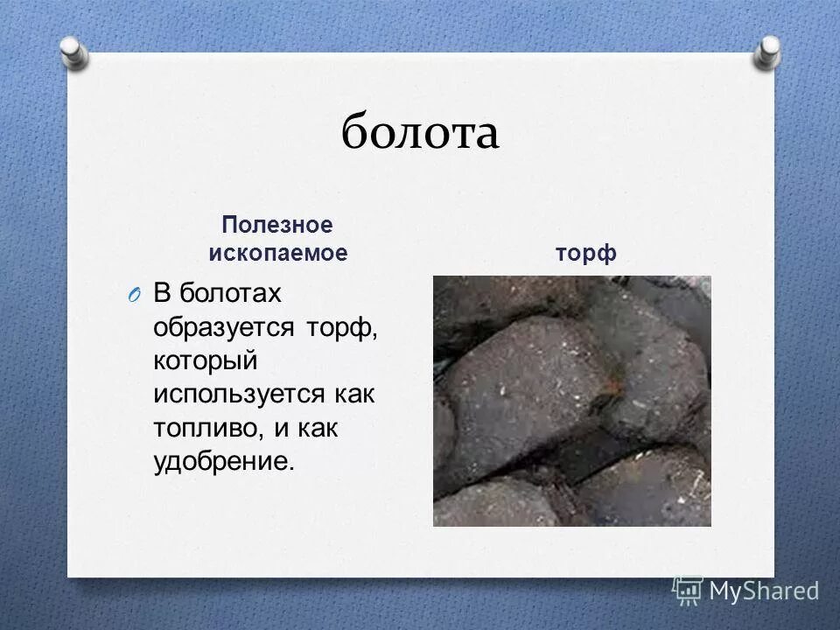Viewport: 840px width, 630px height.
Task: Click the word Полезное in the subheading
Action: [x=276, y=225]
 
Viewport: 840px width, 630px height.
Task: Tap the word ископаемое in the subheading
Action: [x=277, y=254]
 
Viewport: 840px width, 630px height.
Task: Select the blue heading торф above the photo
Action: [x=585, y=254]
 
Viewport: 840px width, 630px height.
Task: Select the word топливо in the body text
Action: [x=204, y=427]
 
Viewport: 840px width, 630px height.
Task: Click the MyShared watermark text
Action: [x=764, y=591]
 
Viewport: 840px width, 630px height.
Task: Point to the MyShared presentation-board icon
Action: [x=688, y=591]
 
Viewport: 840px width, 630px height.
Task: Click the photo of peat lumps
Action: [x=571, y=401]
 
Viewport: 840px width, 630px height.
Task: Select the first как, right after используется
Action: [x=353, y=393]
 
